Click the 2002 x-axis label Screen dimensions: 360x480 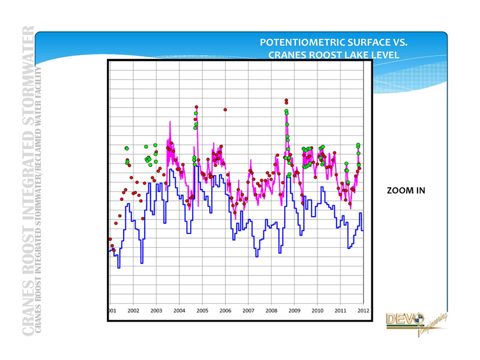133,311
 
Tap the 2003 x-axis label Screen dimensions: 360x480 156,311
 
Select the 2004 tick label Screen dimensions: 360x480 179,311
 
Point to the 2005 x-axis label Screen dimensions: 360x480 202,311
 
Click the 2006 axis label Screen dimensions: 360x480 225,311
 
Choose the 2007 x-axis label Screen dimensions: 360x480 248,311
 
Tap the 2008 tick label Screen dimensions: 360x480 271,311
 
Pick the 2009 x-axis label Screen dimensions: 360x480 294,311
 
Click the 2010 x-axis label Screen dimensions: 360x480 317,311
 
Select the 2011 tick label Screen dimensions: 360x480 340,311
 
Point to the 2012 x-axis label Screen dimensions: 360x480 362,311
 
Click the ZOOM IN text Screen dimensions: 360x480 406,191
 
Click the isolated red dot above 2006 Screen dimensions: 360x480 225,110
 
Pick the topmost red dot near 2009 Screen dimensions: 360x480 286,100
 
